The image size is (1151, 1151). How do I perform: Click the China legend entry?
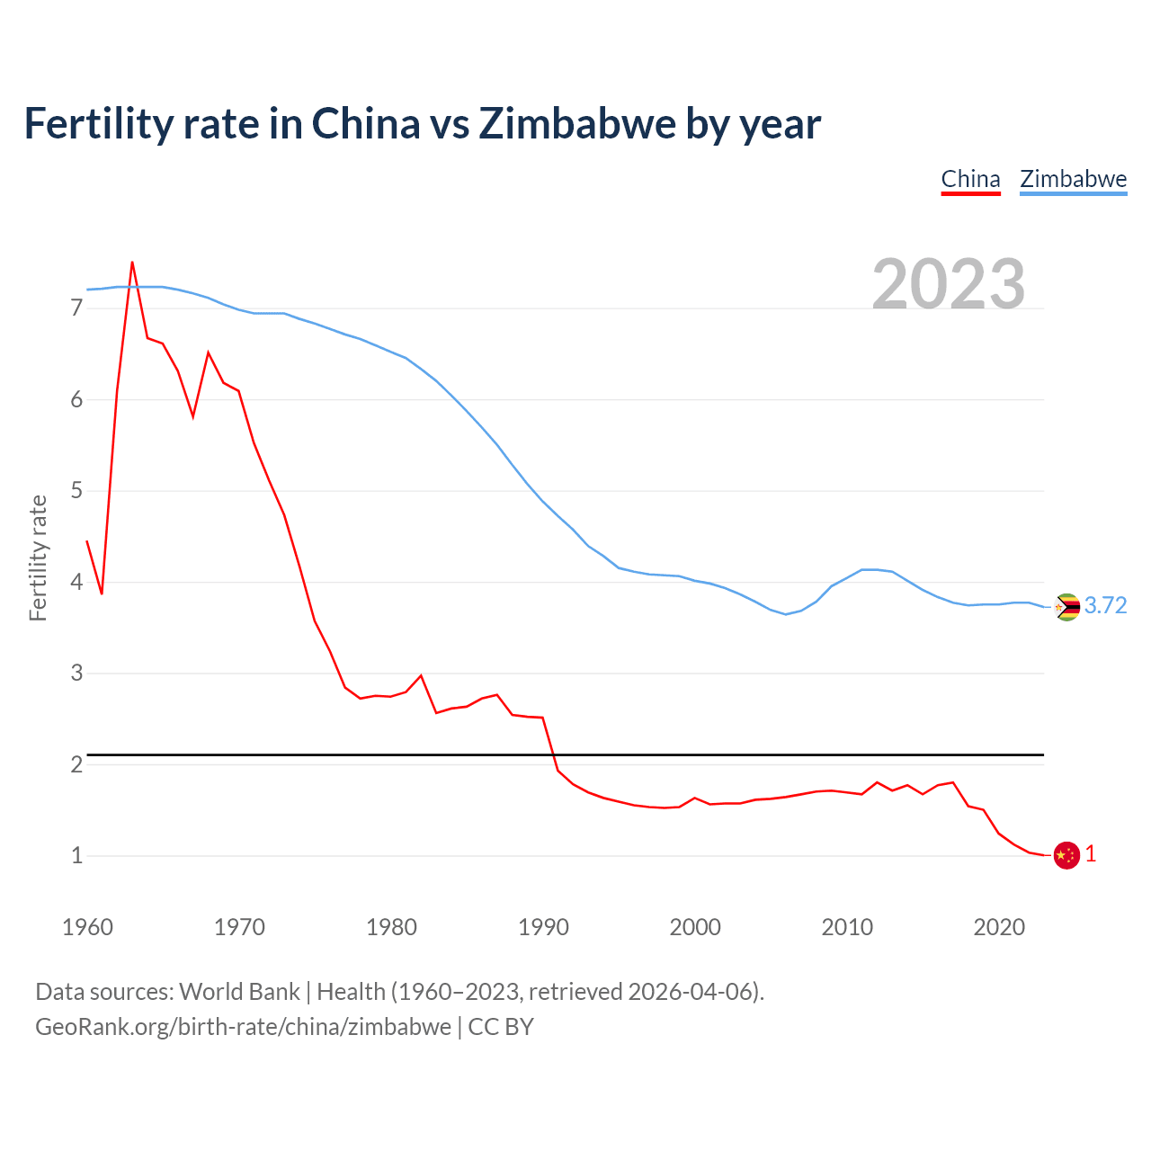[970, 179]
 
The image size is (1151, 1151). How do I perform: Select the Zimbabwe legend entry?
[1073, 179]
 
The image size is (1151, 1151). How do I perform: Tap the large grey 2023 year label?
[949, 284]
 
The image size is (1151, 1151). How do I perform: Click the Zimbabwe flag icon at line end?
[1066, 607]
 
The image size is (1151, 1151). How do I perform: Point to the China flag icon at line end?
[1066, 855]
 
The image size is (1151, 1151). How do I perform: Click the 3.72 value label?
[1105, 606]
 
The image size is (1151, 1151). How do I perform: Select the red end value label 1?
[1091, 854]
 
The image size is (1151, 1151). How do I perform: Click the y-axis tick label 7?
[76, 308]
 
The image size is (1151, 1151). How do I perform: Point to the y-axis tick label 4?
[76, 582]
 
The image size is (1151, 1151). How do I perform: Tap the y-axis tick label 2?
[76, 764]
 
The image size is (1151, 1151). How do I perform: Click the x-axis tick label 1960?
[87, 927]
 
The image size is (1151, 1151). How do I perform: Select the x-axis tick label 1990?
[543, 927]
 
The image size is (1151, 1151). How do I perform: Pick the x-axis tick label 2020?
[999, 927]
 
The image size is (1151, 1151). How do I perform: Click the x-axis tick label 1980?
[391, 927]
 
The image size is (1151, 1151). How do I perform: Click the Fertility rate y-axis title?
[38, 558]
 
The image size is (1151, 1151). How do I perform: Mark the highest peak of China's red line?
[132, 263]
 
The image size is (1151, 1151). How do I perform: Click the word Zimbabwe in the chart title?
[577, 123]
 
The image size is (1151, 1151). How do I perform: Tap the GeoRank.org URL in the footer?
[243, 1027]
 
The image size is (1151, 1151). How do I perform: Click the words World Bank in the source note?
[239, 992]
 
